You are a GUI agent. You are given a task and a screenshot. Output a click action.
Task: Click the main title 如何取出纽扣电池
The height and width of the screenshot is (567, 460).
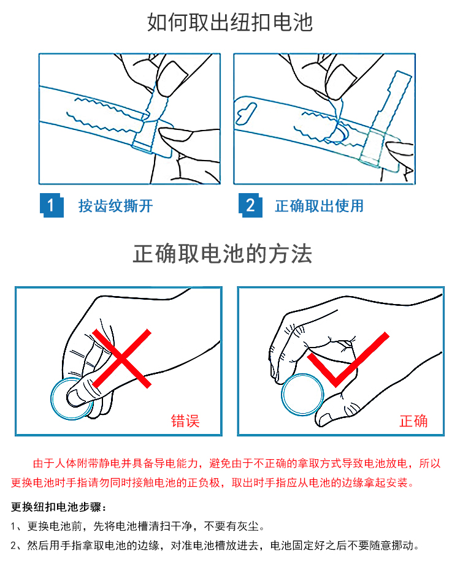[x=229, y=23]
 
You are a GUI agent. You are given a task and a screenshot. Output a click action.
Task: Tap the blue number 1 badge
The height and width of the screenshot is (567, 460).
[x=52, y=205]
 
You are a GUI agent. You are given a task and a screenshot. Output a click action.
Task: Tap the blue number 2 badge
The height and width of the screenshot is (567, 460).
[x=250, y=205]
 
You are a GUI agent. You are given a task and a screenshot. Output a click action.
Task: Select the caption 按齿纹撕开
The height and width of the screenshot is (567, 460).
[x=115, y=206]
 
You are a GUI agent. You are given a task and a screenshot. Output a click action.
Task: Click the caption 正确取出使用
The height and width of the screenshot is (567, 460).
[x=319, y=206]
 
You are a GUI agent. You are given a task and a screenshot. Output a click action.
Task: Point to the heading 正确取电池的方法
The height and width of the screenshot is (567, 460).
[x=222, y=254]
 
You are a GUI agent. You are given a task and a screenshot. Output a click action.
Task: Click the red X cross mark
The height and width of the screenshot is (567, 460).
[x=121, y=359]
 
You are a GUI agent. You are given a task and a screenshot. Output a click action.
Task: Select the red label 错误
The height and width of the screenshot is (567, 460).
[x=185, y=421]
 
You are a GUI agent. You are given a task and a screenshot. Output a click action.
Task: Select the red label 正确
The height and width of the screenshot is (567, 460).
[x=413, y=421]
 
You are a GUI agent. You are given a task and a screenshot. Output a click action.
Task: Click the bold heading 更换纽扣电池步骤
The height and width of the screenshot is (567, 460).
[x=57, y=507]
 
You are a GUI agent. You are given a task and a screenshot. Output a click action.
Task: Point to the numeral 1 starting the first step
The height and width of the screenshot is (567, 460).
[x=13, y=526]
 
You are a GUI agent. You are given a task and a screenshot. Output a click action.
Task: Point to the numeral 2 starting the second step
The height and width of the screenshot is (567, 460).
[x=13, y=546]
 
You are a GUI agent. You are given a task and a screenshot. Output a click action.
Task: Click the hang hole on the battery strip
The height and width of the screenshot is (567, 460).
[x=247, y=112]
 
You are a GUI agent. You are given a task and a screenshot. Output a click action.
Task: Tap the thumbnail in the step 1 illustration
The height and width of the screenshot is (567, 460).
[x=175, y=134]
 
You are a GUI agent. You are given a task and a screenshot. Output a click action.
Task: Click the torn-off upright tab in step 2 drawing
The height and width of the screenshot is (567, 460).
[x=386, y=115]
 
